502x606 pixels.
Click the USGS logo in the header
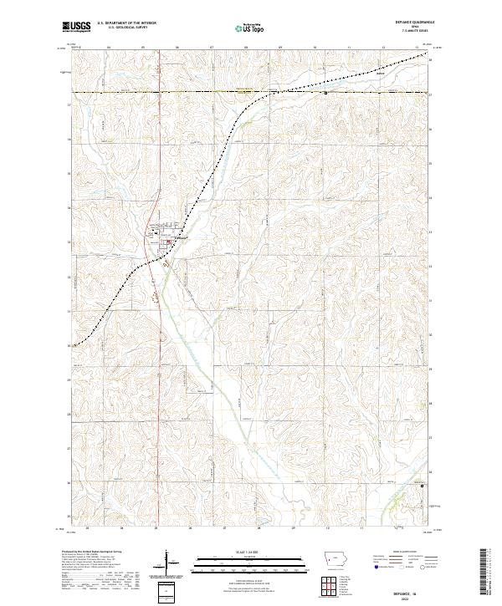pyautogui.click(x=77, y=28)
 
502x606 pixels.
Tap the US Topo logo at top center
pyautogui.click(x=249, y=28)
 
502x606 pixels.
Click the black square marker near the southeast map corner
pyautogui.click(x=423, y=486)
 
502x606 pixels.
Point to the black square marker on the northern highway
pyautogui.click(x=325, y=94)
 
